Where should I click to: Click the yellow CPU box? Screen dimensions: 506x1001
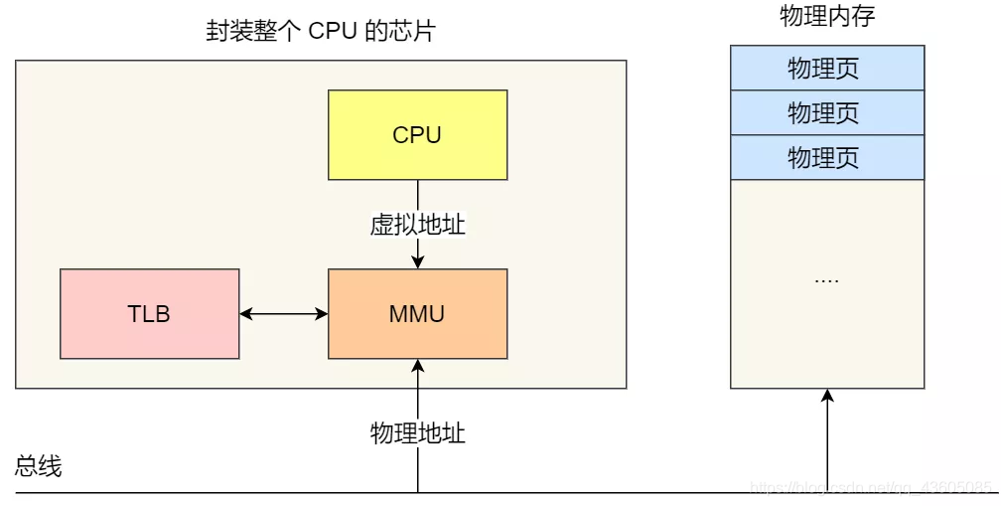(417, 134)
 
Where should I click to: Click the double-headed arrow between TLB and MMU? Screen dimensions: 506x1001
(284, 314)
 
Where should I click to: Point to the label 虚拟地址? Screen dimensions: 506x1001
(417, 225)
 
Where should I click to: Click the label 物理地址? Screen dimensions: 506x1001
(417, 433)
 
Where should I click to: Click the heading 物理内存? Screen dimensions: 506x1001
(827, 17)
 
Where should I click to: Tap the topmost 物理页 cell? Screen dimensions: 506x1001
(827, 68)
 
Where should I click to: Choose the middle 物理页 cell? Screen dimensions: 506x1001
(827, 112)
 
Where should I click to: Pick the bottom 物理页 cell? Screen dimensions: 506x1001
(827, 157)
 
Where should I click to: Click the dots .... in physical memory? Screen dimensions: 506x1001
(827, 279)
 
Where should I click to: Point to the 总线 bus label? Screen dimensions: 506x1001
(39, 466)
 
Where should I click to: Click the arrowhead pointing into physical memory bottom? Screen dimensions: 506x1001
(828, 397)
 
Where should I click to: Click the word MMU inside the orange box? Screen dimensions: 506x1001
(417, 314)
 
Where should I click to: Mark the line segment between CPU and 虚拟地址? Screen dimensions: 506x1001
(418, 194)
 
